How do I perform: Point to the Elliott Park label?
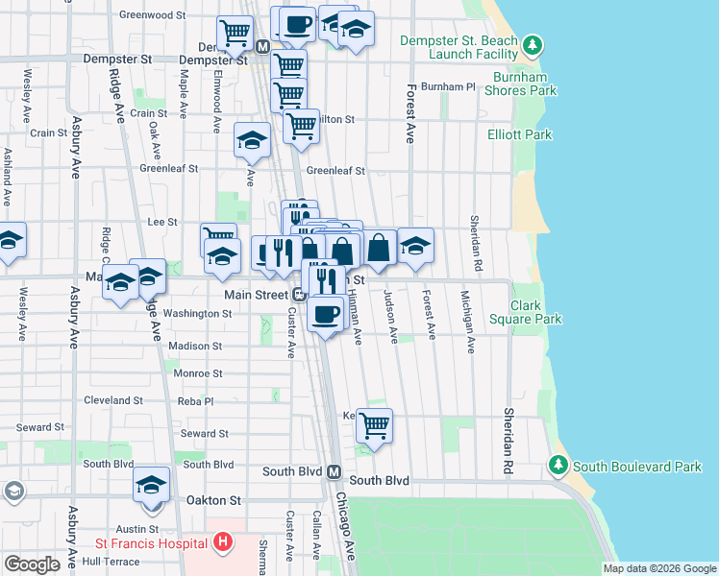(x=519, y=134)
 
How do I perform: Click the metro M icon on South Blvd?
(x=334, y=472)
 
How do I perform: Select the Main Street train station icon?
(x=300, y=295)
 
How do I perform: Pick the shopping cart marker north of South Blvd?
(x=374, y=424)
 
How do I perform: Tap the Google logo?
(x=32, y=564)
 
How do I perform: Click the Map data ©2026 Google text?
(x=659, y=568)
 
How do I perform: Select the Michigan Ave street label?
(x=468, y=323)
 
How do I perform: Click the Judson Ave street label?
(x=391, y=317)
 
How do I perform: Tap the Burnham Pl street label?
(x=454, y=86)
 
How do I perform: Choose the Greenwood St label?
(x=152, y=15)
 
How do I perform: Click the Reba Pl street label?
(x=196, y=400)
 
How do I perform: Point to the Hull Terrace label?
(x=112, y=561)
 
